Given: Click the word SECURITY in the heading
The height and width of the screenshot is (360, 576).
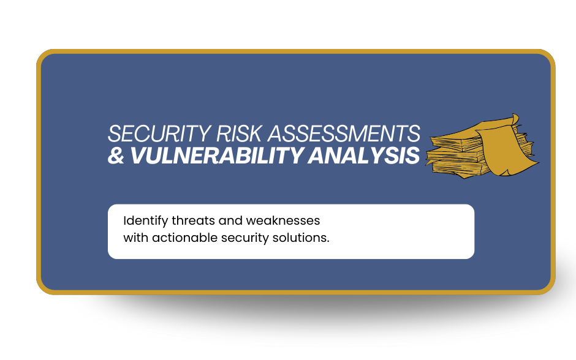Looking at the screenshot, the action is coord(159,133).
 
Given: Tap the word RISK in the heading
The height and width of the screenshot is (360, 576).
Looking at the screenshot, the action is coord(239,133).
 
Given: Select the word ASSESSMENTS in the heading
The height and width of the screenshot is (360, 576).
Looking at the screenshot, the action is coord(344,133).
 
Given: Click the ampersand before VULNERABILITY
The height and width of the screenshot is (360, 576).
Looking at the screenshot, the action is coord(116,156).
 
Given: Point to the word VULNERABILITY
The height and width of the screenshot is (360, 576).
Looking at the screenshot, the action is coord(217,156).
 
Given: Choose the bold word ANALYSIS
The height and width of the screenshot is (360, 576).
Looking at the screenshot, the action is coord(363,156).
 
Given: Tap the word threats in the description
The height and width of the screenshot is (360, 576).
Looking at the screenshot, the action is coord(193,220).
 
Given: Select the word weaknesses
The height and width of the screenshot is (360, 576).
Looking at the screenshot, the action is coord(283,220).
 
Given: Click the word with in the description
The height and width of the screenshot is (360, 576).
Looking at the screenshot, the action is coord(136,238).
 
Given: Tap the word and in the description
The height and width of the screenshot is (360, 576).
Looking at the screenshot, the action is coord(230,220).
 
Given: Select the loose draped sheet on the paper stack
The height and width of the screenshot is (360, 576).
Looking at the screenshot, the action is coord(505,151).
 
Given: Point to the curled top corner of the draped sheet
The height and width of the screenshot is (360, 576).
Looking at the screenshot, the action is coord(515,119).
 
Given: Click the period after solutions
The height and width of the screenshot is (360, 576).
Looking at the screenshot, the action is coord(328,242).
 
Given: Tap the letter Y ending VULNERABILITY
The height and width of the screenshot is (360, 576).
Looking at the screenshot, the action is coord(296,156).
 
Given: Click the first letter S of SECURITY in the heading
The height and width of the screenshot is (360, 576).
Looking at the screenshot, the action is coord(114,133).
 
